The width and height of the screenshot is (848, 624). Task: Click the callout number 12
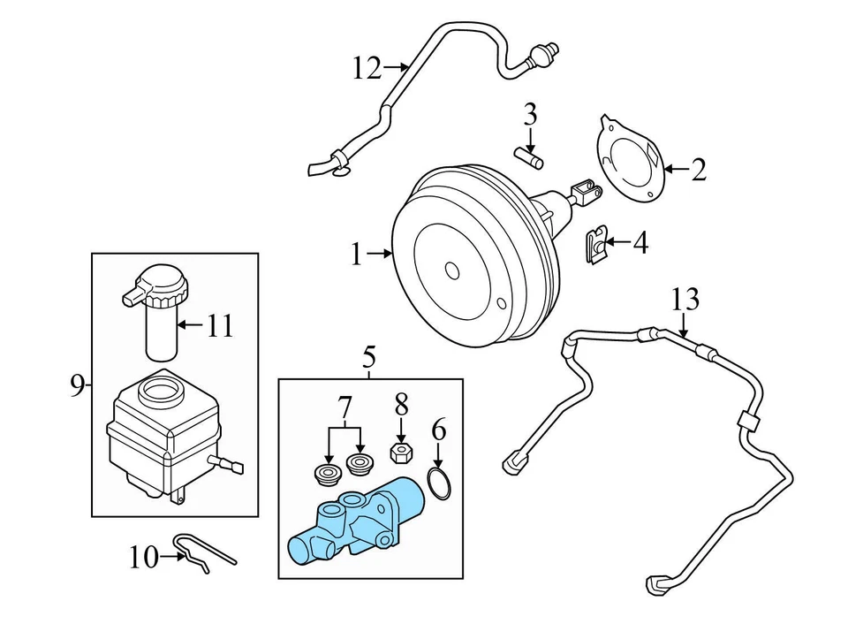[367, 67]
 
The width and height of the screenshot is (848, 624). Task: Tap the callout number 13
[685, 300]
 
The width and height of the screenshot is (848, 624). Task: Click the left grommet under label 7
[329, 475]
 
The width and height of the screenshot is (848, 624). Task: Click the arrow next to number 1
[380, 255]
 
